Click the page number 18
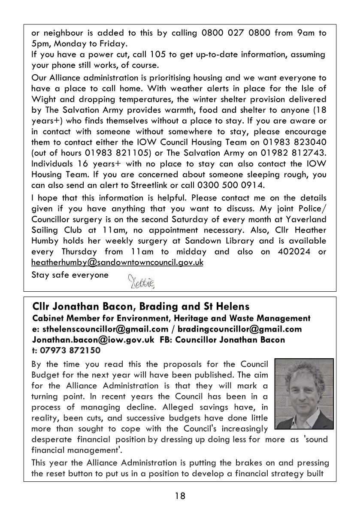pos(180,496)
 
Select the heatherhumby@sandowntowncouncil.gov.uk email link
pos(117,262)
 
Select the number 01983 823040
pos(296,142)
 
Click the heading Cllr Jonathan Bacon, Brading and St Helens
pos(141,307)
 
